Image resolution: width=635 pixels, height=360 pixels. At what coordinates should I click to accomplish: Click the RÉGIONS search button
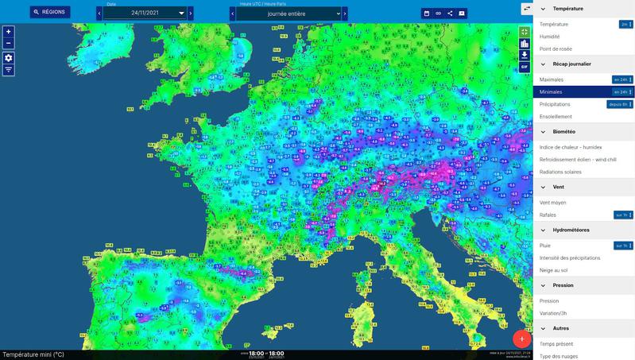pyautogui.click(x=50, y=13)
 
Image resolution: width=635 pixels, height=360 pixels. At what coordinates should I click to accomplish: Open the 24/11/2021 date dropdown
pyautogui.click(x=146, y=14)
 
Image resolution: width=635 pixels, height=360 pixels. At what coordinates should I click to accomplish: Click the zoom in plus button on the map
pyautogui.click(x=9, y=32)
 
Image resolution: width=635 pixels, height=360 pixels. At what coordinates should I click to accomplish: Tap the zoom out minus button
pyautogui.click(x=9, y=43)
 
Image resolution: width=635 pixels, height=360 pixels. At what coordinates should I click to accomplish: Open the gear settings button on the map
pyautogui.click(x=9, y=58)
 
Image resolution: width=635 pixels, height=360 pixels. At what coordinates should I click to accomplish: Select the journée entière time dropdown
pyautogui.click(x=288, y=14)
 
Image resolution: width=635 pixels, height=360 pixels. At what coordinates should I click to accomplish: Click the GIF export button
pyautogui.click(x=525, y=67)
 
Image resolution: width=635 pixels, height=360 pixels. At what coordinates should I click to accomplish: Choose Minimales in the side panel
pyautogui.click(x=551, y=92)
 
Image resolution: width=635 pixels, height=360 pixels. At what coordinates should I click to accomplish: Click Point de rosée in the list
pyautogui.click(x=556, y=48)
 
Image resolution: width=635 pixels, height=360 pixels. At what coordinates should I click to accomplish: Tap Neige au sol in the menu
pyautogui.click(x=553, y=270)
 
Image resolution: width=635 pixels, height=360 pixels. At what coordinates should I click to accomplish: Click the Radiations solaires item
pyautogui.click(x=560, y=172)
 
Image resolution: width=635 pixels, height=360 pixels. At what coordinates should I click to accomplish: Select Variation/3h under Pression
pyautogui.click(x=554, y=313)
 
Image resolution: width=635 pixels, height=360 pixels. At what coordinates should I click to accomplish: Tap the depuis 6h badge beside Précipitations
pyautogui.click(x=620, y=104)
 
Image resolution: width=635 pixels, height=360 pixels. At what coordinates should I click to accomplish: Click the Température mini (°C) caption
pyautogui.click(x=33, y=354)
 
